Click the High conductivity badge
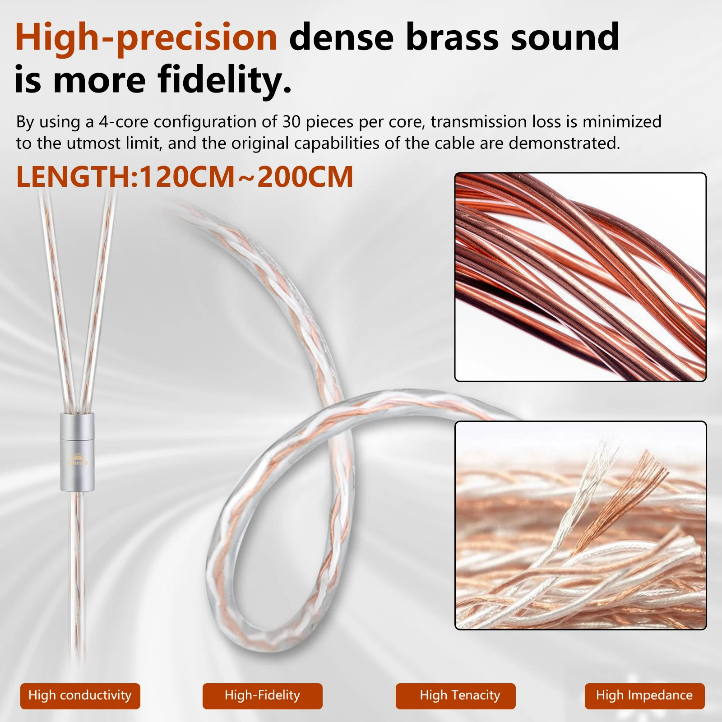pos(80,695)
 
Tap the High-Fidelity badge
pos(262,695)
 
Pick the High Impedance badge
pos(644,695)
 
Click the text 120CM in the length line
pos(187,177)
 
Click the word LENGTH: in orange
pos(77,177)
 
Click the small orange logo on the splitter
pos(77,460)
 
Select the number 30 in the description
pos(292,122)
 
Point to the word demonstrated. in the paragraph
pos(564,143)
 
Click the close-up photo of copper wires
pos(580,277)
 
